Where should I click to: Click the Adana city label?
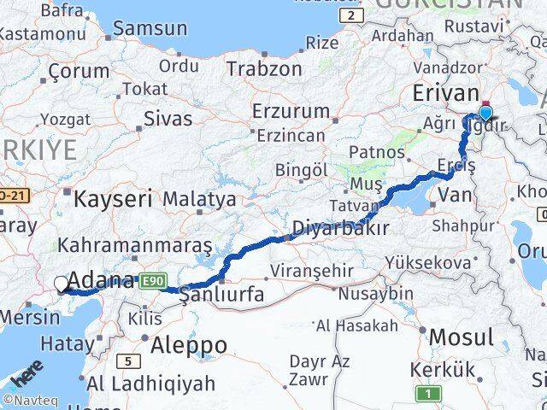click(100, 281)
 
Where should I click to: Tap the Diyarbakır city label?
click(341, 228)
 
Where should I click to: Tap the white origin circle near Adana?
click(62, 284)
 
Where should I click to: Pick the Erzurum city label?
click(291, 111)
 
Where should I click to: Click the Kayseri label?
click(113, 200)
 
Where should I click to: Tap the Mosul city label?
click(462, 337)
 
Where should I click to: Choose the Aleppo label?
click(189, 346)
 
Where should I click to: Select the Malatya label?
click(199, 199)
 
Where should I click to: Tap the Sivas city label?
click(168, 118)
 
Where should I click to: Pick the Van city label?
click(454, 196)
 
